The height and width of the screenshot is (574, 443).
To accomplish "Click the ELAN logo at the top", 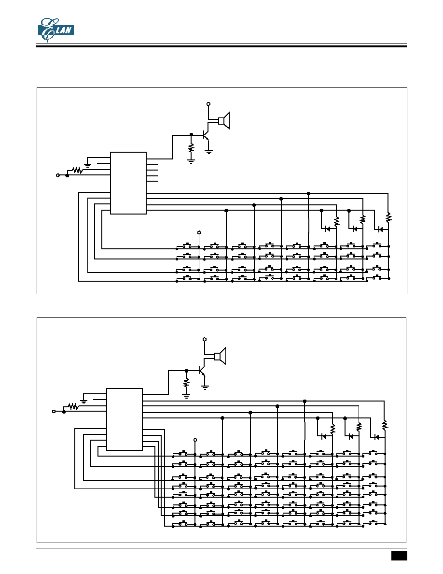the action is pyautogui.click(x=56, y=30).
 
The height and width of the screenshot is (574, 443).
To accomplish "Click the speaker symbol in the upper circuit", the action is pyautogui.click(x=224, y=120).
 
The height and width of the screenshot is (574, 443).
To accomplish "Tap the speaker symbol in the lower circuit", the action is pyautogui.click(x=220, y=356).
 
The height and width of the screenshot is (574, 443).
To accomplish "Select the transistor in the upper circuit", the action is pyautogui.click(x=206, y=135).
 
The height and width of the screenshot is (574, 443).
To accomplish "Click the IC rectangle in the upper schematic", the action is pyautogui.click(x=128, y=183).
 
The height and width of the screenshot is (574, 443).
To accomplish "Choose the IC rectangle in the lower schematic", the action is pyautogui.click(x=125, y=419).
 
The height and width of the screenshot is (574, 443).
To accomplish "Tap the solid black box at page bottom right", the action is pyautogui.click(x=399, y=556).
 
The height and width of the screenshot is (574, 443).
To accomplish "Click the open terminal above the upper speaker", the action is pyautogui.click(x=208, y=104).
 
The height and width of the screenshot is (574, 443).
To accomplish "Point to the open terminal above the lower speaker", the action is pyautogui.click(x=205, y=339).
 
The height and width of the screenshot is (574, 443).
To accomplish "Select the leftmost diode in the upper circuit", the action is pyautogui.click(x=328, y=229).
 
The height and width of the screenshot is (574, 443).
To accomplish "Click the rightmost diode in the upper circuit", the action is pyautogui.click(x=380, y=230).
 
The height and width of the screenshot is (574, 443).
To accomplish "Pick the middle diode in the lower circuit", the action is pyautogui.click(x=351, y=436).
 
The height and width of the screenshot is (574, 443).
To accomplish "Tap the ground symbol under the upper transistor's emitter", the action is pyautogui.click(x=208, y=152).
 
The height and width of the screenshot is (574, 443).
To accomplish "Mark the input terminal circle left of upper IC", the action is pyautogui.click(x=57, y=175).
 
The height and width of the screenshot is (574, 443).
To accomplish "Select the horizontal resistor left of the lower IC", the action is pyautogui.click(x=73, y=406).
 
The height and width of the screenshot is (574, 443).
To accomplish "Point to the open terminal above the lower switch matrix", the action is pyautogui.click(x=195, y=440).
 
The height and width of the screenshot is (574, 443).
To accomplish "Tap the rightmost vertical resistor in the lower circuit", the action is pyautogui.click(x=385, y=425).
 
